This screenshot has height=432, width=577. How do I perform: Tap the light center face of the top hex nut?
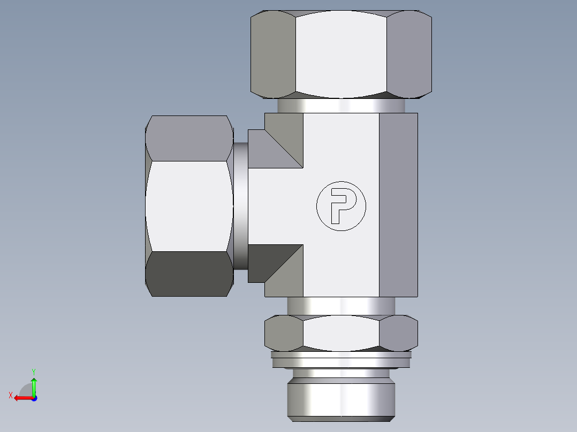[x=341, y=53]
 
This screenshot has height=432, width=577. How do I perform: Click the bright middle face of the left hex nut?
[x=189, y=206]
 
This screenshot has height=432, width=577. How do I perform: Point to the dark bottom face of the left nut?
[x=189, y=273]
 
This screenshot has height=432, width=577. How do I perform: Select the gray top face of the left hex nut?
[x=189, y=138]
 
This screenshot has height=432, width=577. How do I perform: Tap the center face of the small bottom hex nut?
[x=341, y=333]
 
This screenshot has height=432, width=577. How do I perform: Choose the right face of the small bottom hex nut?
[x=399, y=333]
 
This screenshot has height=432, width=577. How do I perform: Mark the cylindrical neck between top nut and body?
[x=341, y=105]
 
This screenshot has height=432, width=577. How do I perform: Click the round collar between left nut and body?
[x=240, y=206]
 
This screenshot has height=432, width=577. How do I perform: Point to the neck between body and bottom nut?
[x=341, y=305]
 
